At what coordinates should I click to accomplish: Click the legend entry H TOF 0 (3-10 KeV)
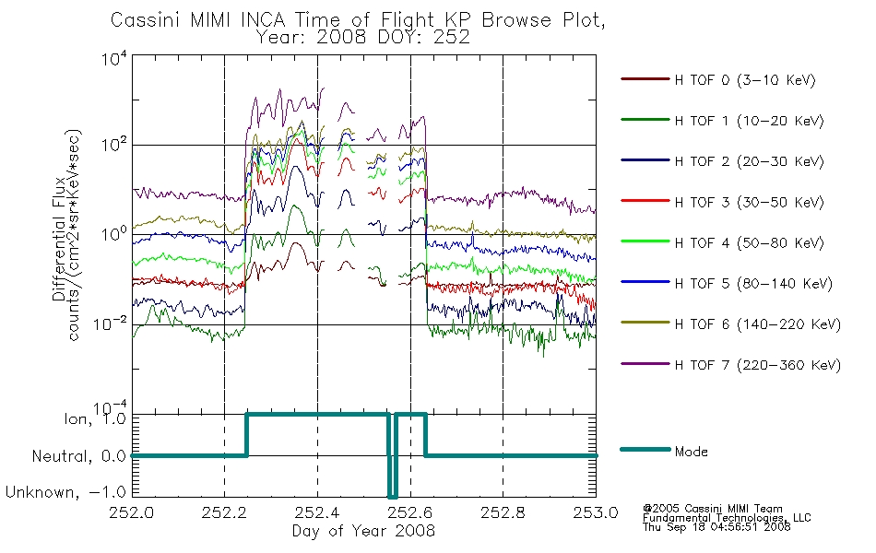[x=745, y=80]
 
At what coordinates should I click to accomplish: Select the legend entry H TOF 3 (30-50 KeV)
[x=749, y=202]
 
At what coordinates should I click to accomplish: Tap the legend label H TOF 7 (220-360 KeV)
[x=758, y=365]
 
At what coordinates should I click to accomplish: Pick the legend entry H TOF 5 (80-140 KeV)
[x=753, y=284]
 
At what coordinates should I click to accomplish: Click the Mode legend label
[x=691, y=452]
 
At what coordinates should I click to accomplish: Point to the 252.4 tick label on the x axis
[x=317, y=512]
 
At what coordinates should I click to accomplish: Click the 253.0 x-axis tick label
[x=596, y=512]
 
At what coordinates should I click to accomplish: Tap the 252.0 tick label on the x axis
[x=132, y=512]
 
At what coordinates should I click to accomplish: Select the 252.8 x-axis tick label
[x=503, y=512]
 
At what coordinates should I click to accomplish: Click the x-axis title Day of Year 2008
[x=363, y=531]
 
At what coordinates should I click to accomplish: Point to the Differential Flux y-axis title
[x=59, y=240]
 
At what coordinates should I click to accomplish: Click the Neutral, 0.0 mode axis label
[x=78, y=456]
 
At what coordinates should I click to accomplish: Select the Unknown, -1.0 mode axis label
[x=65, y=492]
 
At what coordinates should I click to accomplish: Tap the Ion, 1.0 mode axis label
[x=95, y=418]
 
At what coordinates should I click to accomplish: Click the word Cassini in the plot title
[x=147, y=20]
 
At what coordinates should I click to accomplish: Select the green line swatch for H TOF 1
[x=645, y=120]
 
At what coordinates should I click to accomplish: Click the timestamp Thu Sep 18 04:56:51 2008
[x=716, y=527]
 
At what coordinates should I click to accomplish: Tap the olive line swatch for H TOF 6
[x=645, y=323]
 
